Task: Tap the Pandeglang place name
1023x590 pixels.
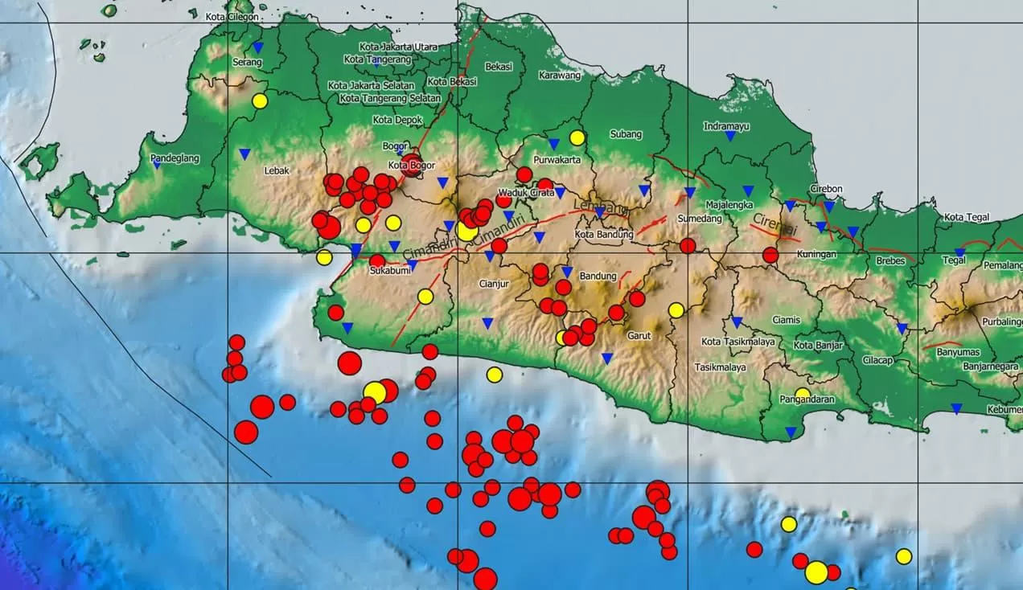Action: [175, 158]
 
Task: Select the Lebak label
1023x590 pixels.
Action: [277, 170]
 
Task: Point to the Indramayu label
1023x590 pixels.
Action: [726, 126]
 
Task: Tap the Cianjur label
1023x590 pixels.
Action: [495, 283]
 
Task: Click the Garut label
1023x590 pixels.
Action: [639, 336]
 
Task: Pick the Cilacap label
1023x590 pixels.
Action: [878, 360]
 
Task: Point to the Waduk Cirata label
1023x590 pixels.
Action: [526, 193]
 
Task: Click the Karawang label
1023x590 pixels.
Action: [559, 76]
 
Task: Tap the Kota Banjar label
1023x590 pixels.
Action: [818, 346]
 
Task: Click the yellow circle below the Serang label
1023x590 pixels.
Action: [259, 101]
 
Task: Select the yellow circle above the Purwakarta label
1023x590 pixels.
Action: [577, 137]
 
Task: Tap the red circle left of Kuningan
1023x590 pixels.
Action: [770, 256]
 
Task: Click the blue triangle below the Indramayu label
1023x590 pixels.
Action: [730, 137]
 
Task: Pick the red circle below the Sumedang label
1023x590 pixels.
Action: [688, 246]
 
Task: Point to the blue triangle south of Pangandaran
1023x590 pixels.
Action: [791, 432]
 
